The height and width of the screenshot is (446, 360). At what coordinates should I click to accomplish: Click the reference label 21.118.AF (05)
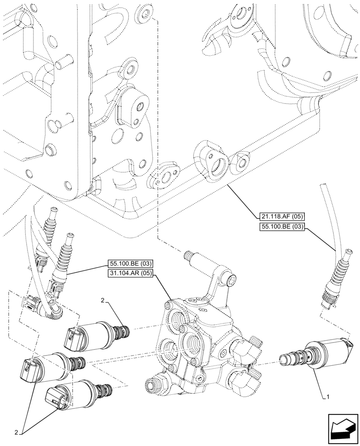coord(281,217)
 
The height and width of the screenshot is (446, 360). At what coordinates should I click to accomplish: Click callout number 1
coord(328,395)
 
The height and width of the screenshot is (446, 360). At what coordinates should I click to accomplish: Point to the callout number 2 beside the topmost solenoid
coord(103,302)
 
